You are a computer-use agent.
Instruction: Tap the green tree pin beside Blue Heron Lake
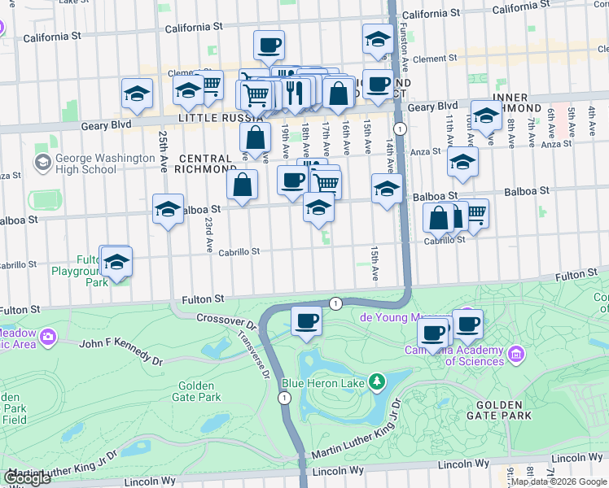click(376, 381)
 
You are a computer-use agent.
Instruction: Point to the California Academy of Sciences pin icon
click(515, 354)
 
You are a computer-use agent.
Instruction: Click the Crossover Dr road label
click(226, 321)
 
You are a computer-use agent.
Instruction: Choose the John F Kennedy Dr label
click(120, 351)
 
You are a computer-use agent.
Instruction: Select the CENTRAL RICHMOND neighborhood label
click(207, 163)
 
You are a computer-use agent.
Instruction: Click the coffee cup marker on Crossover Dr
click(306, 322)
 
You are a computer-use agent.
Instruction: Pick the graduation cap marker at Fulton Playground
click(116, 262)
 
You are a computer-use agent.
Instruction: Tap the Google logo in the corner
click(27, 478)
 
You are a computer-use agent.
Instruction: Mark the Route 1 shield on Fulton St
click(335, 303)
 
